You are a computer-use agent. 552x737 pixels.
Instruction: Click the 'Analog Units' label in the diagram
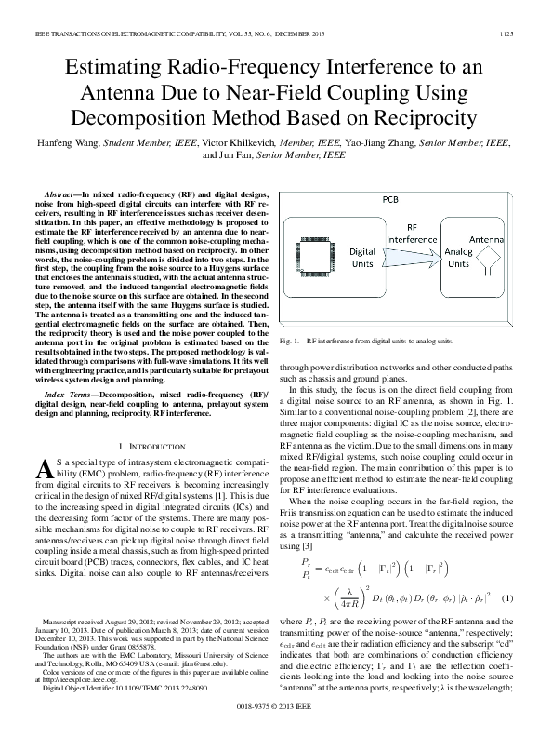[x=458, y=258]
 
